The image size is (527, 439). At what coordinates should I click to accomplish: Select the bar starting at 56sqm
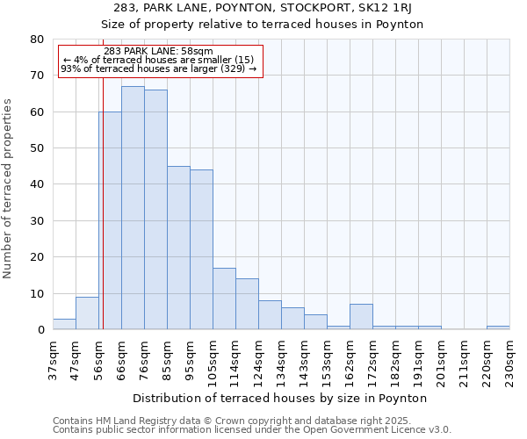pyautogui.click(x=110, y=220)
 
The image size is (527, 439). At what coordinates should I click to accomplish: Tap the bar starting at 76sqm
pyautogui.click(x=155, y=210)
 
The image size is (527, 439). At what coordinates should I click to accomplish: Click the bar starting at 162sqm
pyautogui.click(x=361, y=317)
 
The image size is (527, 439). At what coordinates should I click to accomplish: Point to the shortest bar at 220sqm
pyautogui.click(x=498, y=327)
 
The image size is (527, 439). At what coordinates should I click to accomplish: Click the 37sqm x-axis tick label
pyautogui.click(x=53, y=360)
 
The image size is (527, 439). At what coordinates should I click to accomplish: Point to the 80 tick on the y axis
pyautogui.click(x=36, y=40)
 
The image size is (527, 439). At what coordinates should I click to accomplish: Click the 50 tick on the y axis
pyautogui.click(x=36, y=148)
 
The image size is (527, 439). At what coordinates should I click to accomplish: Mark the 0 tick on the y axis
pyautogui.click(x=40, y=330)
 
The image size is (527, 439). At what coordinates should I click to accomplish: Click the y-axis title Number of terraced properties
pyautogui.click(x=9, y=188)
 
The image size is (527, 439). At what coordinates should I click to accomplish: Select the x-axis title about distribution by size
pyautogui.click(x=280, y=398)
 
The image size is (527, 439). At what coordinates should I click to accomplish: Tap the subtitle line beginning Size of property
pyautogui.click(x=263, y=25)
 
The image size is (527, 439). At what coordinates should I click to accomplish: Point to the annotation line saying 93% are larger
pyautogui.click(x=158, y=68)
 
